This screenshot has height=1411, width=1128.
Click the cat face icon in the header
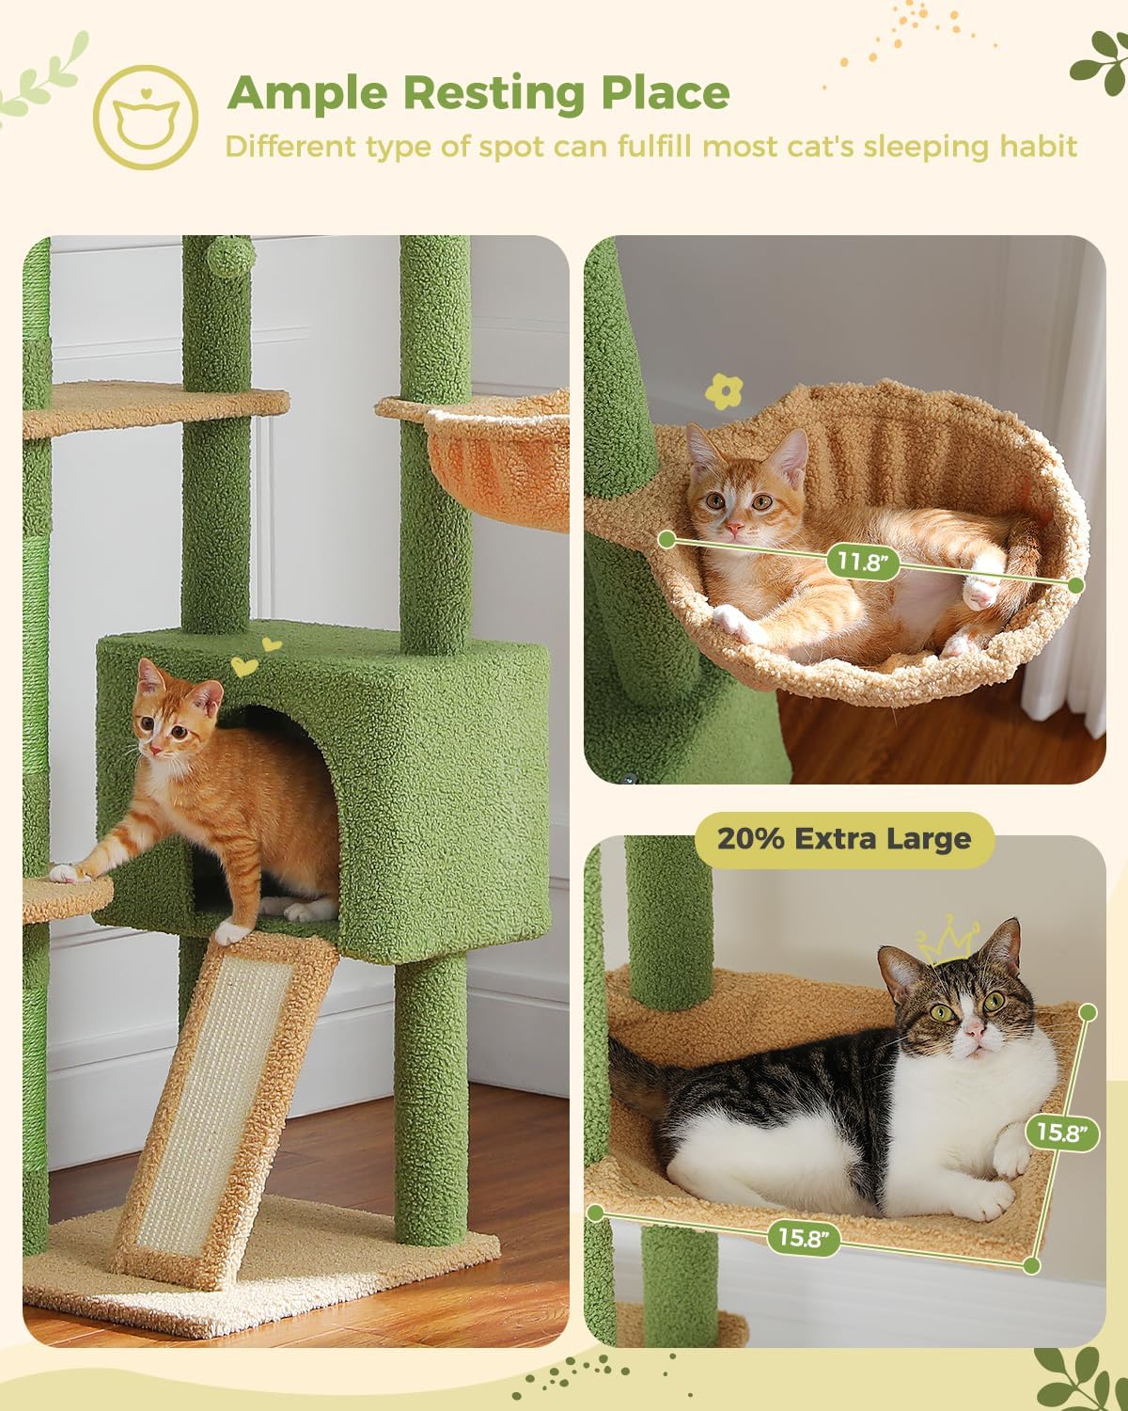(146, 118)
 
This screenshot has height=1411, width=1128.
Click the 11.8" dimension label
(862, 563)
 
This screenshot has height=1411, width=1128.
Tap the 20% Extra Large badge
(843, 839)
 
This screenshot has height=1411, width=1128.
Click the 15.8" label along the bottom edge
(804, 1236)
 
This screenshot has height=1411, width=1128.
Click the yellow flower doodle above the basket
(724, 390)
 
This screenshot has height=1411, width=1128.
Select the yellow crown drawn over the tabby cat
(948, 940)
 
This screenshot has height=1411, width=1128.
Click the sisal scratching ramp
(219, 1101)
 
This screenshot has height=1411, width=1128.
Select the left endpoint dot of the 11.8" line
(667, 539)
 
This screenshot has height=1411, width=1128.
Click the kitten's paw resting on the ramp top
(229, 932)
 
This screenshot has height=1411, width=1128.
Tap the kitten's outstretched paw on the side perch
(66, 873)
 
